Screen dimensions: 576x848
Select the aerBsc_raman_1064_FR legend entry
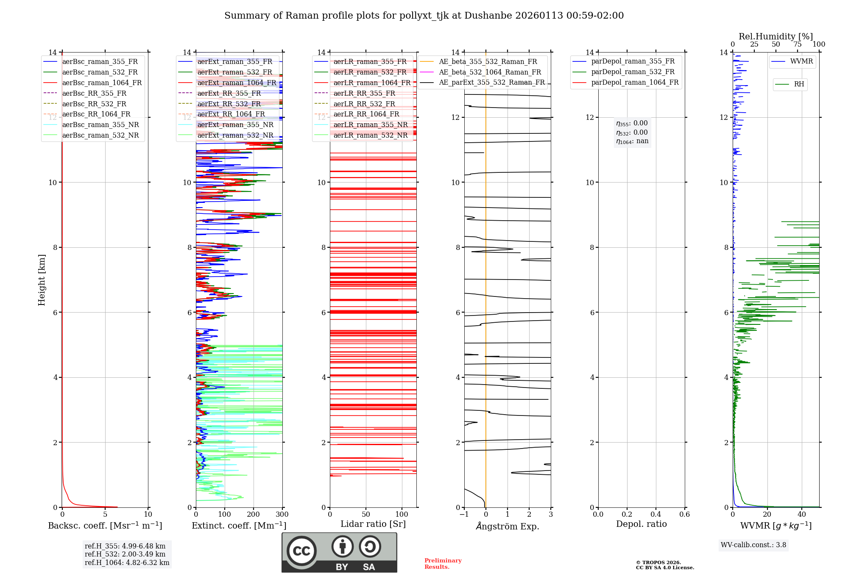click(102, 83)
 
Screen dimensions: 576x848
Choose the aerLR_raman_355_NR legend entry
click(370, 125)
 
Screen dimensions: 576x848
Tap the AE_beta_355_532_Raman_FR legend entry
click(488, 62)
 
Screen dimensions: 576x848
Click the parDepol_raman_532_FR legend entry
click(633, 72)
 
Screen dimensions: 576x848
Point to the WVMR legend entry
click(801, 61)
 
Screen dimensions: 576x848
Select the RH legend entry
click(799, 84)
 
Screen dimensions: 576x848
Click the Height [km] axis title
click(42, 280)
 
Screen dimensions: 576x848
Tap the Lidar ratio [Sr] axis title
click(373, 524)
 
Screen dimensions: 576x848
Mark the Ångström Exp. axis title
click(508, 526)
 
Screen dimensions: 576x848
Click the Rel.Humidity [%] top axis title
click(775, 36)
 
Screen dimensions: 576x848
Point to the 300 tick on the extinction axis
click(282, 515)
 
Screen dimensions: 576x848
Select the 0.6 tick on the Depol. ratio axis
click(684, 515)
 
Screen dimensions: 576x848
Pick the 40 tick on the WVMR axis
click(801, 515)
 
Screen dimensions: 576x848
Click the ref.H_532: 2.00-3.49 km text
click(125, 554)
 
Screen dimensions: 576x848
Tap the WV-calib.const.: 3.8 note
click(753, 545)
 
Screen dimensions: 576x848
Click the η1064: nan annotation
click(632, 141)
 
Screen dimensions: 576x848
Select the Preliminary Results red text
click(443, 564)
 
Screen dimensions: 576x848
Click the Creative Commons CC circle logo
click(301, 551)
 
